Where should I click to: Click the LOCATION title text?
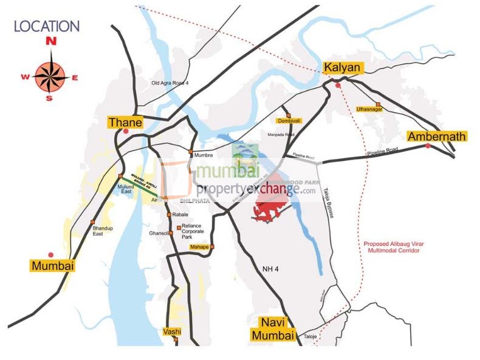click(47, 26)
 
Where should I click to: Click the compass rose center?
click(50, 76)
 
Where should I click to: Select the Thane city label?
click(125, 123)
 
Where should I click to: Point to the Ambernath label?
click(437, 136)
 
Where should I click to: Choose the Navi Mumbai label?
click(276, 328)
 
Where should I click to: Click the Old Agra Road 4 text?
click(170, 83)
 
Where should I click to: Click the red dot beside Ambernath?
click(428, 146)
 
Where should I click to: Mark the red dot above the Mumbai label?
click(51, 254)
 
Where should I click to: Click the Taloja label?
click(310, 335)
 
